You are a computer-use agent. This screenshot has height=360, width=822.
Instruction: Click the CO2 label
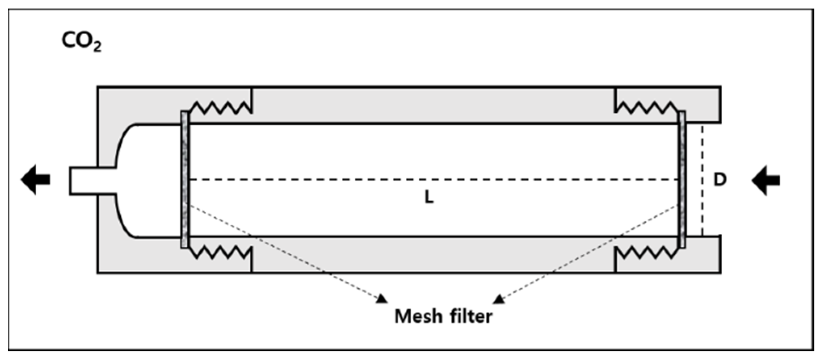(x=81, y=42)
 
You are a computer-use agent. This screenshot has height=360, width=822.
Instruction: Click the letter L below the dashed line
(x=428, y=197)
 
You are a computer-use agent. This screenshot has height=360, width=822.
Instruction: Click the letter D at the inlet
(x=720, y=180)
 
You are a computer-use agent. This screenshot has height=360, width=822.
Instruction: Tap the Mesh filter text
(x=443, y=316)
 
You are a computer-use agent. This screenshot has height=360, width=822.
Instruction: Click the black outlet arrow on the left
(x=35, y=180)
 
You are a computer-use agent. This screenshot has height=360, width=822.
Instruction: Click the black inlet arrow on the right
(x=766, y=180)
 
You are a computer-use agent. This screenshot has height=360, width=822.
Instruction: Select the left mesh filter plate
(x=185, y=180)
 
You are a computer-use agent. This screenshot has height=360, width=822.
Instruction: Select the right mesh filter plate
(x=682, y=180)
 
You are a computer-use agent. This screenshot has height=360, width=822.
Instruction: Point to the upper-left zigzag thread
(x=220, y=108)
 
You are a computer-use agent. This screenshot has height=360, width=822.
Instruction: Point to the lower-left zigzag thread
(x=220, y=252)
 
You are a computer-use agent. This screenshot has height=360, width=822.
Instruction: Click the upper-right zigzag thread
(x=646, y=108)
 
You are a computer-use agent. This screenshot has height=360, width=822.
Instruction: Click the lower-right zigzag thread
(x=646, y=252)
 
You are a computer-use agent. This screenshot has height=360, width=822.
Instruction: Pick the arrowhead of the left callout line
(x=381, y=299)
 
